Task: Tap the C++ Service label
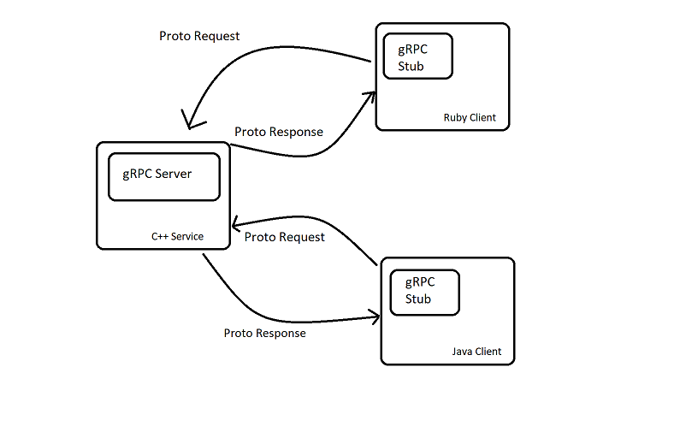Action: tap(177, 236)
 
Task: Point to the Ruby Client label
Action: tap(469, 118)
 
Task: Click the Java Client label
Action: tap(476, 352)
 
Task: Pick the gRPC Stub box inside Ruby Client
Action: tap(417, 57)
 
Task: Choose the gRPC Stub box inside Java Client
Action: tap(424, 291)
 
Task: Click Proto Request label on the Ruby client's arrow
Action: tap(199, 36)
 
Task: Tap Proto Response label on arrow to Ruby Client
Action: tap(279, 132)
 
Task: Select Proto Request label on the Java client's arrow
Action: tap(285, 237)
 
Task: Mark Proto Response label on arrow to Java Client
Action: tap(264, 333)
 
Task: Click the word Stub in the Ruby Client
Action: tap(411, 66)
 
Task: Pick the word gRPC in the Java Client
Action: tap(420, 282)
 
